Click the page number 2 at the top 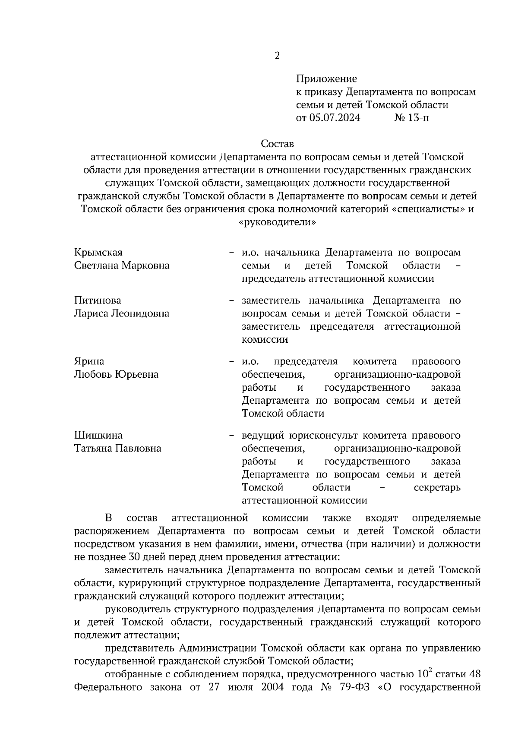tap(277, 56)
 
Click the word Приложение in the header tap(326, 79)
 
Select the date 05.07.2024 tap(334, 118)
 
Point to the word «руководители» tap(277, 222)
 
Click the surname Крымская tap(98, 253)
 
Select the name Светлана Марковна tap(122, 265)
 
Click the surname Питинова tap(98, 300)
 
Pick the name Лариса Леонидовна tap(122, 313)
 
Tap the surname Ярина tap(89, 361)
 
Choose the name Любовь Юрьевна tap(116, 374)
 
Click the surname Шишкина tap(98, 435)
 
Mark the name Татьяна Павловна tap(118, 449)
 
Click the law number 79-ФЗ tap(354, 688)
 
